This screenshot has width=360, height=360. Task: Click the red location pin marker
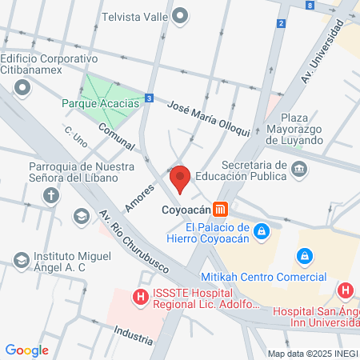[180, 178]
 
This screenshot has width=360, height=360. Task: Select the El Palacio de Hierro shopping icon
[259, 233]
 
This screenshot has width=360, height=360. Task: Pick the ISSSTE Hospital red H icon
[141, 298]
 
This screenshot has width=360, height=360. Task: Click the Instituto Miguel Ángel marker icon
[21, 259]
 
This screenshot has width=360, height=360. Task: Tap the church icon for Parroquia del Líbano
[51, 194]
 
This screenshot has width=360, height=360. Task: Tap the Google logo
[26, 350]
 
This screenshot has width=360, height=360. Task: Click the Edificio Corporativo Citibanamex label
[48, 65]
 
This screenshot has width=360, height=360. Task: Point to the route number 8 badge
[310, 5]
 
